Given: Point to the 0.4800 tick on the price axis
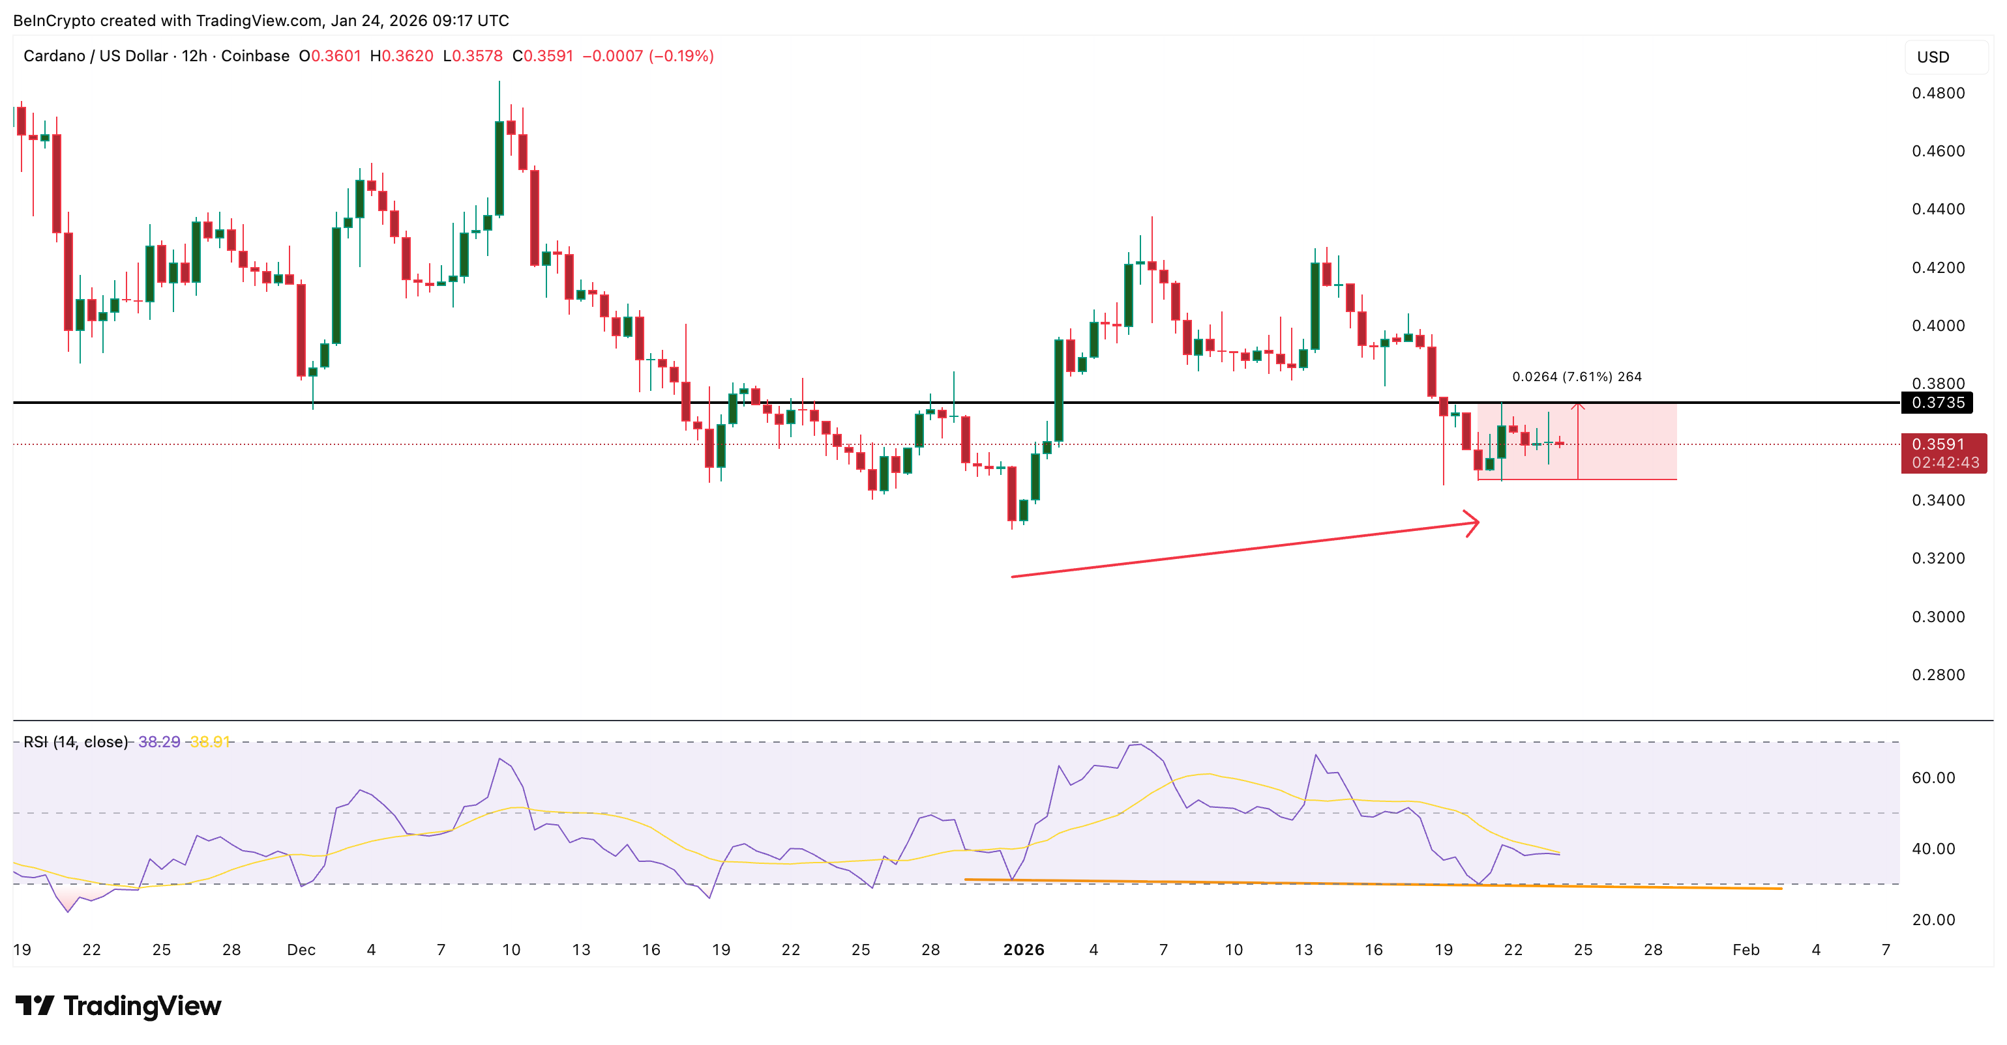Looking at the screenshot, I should coord(1938,93).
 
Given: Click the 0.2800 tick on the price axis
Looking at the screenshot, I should coord(1938,675).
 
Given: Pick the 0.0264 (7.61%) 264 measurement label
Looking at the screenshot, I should coord(1576,377).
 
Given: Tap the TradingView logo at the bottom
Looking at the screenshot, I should coord(119,1006).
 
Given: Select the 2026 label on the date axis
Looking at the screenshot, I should coord(1023,950).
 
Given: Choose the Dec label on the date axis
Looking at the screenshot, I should coord(301,950).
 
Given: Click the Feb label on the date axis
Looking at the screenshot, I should coord(1746,950).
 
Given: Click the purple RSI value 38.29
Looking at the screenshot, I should coord(159,742).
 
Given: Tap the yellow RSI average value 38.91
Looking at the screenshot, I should coord(209,742).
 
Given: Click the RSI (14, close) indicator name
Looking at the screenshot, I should coord(76,742).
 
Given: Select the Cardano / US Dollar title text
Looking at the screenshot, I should coord(95,56).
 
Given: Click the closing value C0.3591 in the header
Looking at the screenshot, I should coord(543,56).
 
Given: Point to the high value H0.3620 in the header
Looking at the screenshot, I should coord(401,56).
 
